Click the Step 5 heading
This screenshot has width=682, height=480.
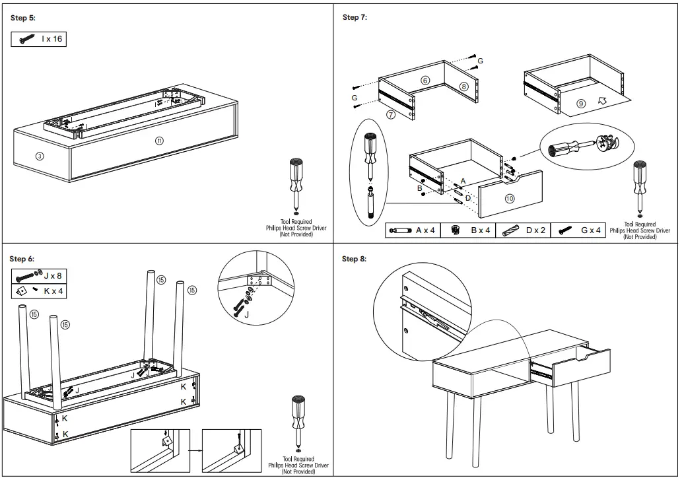coord(23,18)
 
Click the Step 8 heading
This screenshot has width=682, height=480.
coord(354,259)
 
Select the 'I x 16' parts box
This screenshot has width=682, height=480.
coord(39,39)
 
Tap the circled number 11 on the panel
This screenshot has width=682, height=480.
coord(159,141)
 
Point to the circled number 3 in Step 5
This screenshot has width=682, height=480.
coord(40,156)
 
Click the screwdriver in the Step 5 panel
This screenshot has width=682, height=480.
coord(295,185)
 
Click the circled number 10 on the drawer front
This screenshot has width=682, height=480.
coord(510,198)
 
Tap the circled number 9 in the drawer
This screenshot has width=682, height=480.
coord(581,104)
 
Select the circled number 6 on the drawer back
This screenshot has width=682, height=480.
coord(425,80)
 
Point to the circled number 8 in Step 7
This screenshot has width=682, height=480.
coord(463,86)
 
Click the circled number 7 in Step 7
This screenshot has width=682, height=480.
coord(391,114)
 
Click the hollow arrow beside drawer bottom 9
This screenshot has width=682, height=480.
coord(601,101)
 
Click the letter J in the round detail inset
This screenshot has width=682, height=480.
coord(247,315)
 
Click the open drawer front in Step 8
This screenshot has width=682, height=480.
coord(582,366)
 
